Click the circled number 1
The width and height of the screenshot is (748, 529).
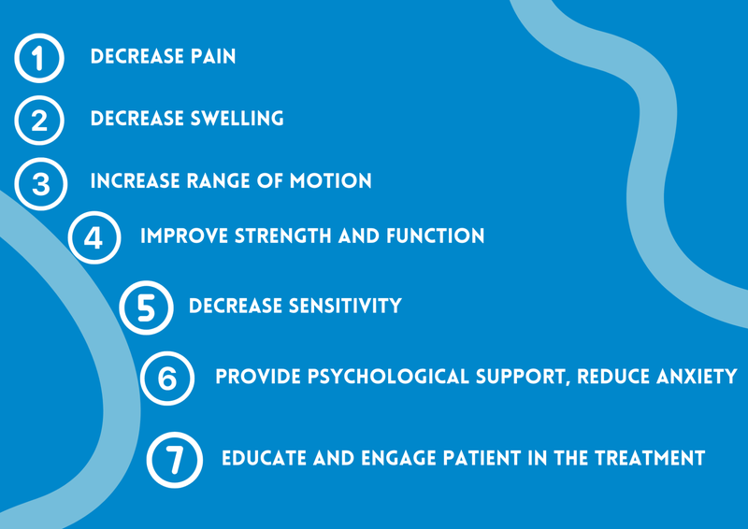point(39,59)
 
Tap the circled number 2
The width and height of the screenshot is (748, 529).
point(39,121)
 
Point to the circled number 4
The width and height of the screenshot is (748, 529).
point(95,237)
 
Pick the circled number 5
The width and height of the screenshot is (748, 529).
point(147,307)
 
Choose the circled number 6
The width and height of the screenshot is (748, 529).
point(167,379)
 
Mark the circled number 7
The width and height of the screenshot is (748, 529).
point(175,460)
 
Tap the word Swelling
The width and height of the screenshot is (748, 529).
point(237,119)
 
